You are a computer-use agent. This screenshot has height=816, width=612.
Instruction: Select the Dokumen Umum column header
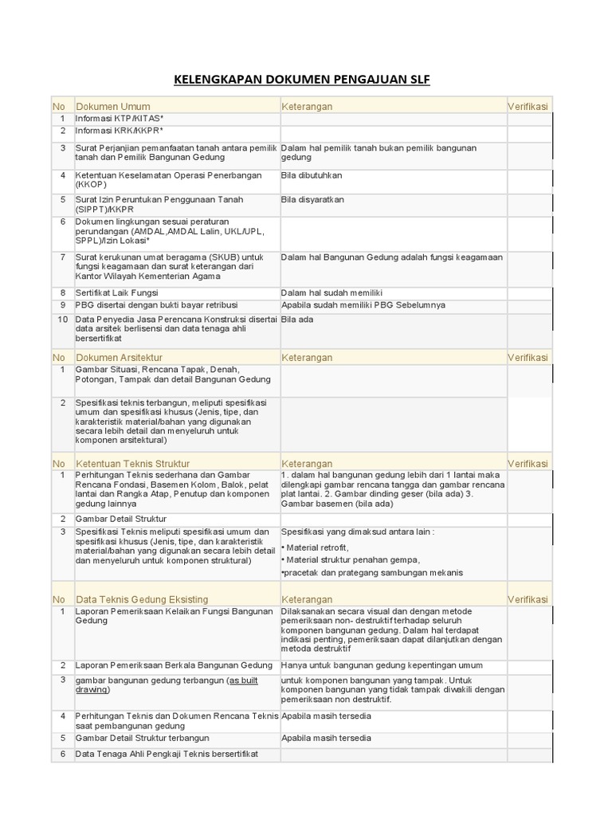[x=112, y=106]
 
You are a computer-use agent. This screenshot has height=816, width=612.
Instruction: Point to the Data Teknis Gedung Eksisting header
[x=142, y=598]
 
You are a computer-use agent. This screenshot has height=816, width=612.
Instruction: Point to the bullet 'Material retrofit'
[x=317, y=547]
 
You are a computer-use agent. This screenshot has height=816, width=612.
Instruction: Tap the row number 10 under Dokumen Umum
[x=62, y=319]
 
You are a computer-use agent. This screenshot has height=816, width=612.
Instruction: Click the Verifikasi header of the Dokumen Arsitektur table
[x=528, y=358]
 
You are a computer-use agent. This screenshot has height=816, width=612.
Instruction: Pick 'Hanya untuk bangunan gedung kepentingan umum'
[x=382, y=665]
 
